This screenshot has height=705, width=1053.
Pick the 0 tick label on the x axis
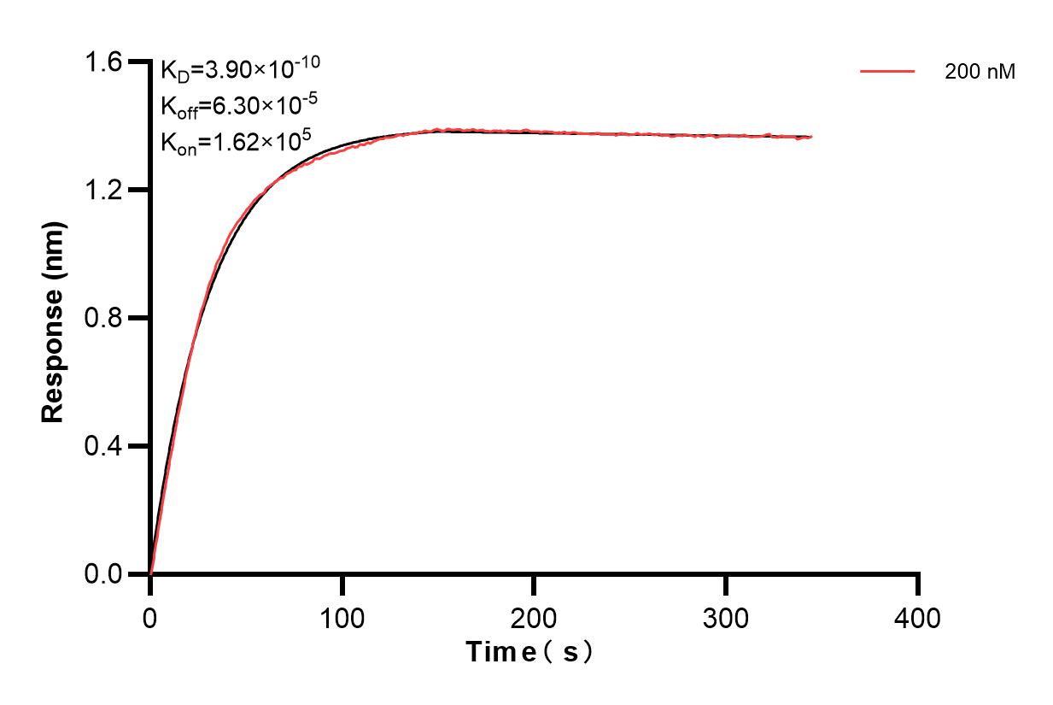click(150, 616)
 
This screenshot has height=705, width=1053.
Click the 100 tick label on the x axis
click(342, 616)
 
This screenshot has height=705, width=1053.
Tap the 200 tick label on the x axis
click(534, 616)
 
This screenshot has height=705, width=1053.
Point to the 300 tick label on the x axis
click(726, 616)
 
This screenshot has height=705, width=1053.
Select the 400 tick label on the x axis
click(917, 616)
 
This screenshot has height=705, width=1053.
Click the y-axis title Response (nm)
click(53, 318)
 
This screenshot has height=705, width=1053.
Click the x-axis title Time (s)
click(529, 653)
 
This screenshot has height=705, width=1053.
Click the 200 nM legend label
click(980, 73)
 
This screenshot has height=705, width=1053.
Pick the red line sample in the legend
click(887, 72)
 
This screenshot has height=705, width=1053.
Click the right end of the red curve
click(810, 137)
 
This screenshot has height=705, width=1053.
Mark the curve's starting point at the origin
click(150, 573)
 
